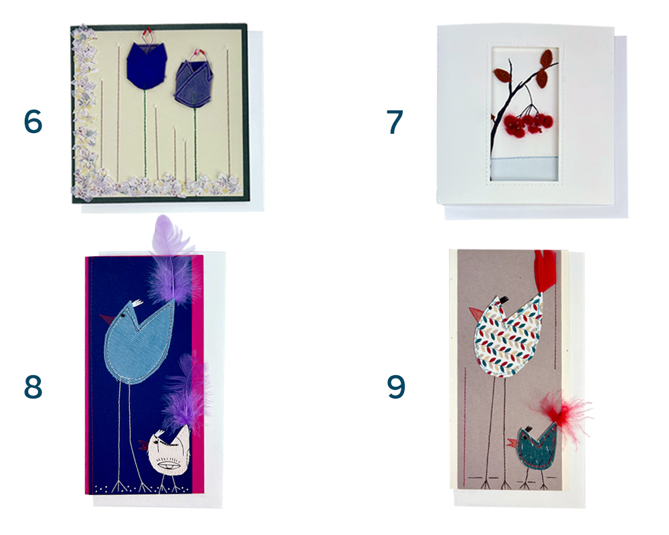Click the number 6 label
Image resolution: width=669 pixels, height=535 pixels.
pyautogui.click(x=33, y=121)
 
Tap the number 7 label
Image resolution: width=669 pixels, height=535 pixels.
pyautogui.click(x=395, y=122)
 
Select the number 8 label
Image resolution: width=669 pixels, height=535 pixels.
pyautogui.click(x=33, y=387)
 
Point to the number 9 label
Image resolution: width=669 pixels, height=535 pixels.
pyautogui.click(x=395, y=387)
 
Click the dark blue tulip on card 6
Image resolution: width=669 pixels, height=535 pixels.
pyautogui.click(x=146, y=65)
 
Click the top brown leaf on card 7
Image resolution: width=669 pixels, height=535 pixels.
pyautogui.click(x=547, y=58)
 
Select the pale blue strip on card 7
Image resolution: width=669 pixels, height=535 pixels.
pyautogui.click(x=524, y=168)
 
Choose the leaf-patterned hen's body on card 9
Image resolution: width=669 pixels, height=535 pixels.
pyautogui.click(x=507, y=338)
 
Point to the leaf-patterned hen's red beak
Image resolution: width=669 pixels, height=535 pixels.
pyautogui.click(x=476, y=313)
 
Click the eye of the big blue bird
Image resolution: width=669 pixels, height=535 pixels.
pyautogui.click(x=123, y=315)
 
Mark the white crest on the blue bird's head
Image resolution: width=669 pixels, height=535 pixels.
pyautogui.click(x=136, y=303)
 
